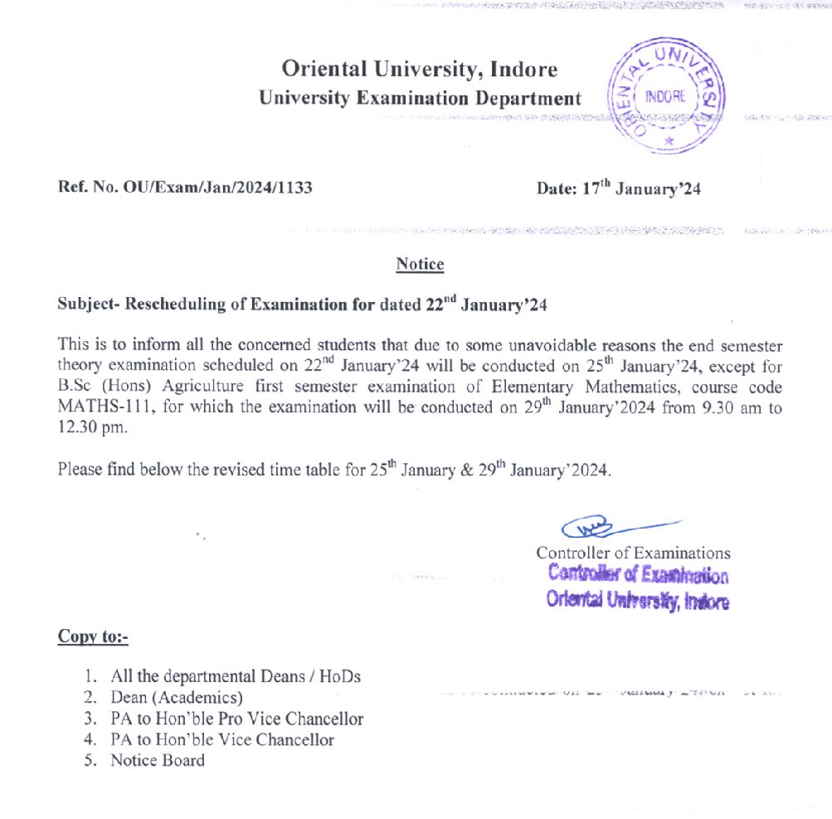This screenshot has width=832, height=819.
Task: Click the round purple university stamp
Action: pos(666,95)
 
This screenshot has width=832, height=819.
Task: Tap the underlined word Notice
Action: pos(420,265)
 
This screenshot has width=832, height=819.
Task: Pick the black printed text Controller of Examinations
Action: pos(633,553)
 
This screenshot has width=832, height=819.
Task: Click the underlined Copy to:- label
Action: pos(92,636)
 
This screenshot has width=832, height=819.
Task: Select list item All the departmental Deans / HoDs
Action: pos(236,676)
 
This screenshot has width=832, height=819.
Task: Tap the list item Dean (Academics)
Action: pos(177,698)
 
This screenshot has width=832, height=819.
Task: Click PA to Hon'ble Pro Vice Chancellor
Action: pos(236,719)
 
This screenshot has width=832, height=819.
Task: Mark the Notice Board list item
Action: pos(158,760)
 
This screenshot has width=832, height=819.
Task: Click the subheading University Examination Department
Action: pos(420,98)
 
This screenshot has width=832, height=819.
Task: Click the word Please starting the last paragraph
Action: pos(80,470)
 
